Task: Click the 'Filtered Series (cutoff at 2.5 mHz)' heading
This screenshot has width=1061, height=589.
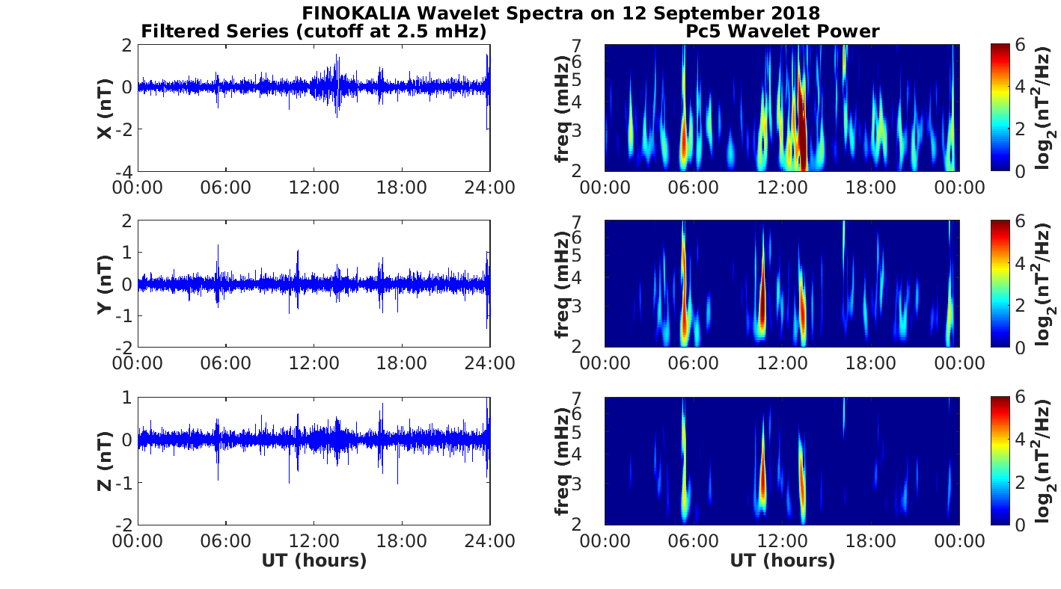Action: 314,31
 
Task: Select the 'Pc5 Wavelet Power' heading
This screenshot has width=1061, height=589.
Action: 783,31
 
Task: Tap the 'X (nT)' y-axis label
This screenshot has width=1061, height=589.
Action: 106,108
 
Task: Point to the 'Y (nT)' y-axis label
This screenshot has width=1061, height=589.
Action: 106,284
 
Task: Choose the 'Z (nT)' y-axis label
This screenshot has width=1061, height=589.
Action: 106,460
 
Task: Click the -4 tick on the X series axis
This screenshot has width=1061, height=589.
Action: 125,172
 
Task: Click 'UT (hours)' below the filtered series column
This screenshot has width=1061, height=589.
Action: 314,561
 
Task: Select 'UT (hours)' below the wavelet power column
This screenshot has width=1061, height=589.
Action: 783,561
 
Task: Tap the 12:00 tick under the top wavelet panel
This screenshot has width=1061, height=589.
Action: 783,188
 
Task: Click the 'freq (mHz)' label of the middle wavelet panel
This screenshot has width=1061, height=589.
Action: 563,284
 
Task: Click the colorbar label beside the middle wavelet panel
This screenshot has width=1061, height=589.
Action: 1045,284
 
